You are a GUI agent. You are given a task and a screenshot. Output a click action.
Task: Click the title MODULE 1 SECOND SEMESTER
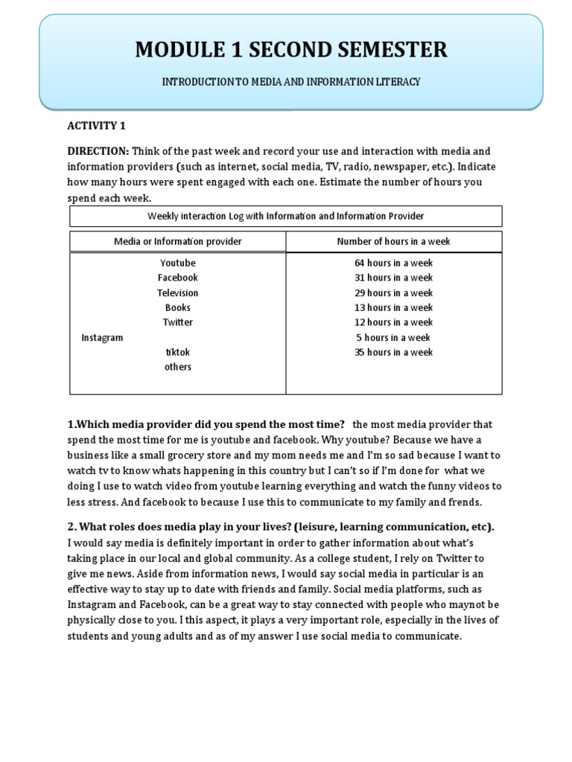coord(291,50)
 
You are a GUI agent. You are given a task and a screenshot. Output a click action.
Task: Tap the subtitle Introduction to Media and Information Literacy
coord(291,81)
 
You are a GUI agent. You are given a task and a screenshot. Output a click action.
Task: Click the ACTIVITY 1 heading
coord(98,125)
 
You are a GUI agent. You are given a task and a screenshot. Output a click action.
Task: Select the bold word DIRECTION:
coord(99,151)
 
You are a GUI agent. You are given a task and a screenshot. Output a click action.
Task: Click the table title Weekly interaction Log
coord(285,216)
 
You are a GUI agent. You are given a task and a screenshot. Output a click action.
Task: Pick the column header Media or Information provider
coord(177,242)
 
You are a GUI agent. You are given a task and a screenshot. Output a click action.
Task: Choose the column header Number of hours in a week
coord(393,242)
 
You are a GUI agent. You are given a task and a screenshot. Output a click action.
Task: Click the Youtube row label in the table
coord(178,263)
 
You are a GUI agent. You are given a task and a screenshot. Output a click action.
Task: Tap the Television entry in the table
coord(178,292)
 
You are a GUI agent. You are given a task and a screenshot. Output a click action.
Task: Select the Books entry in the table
coord(178,307)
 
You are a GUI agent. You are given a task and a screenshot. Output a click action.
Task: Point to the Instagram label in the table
coord(102,337)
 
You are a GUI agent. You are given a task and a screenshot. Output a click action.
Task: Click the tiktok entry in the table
coord(178,352)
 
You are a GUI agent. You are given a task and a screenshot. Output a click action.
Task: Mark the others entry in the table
coord(178,367)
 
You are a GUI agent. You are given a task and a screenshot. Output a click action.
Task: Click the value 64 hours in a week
coord(393,263)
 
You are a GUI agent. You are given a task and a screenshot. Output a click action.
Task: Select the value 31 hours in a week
coord(393,278)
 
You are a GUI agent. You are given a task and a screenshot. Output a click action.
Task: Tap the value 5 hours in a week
coord(393,337)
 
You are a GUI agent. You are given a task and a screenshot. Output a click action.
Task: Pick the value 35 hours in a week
coord(393,352)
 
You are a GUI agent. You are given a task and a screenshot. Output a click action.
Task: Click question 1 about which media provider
coord(206,424)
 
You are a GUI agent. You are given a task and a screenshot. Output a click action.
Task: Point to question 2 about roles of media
coord(281,527)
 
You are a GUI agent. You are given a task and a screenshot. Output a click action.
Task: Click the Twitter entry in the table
coord(178,322)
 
